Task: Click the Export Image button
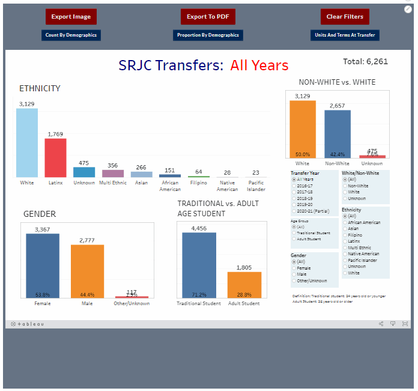(71, 17)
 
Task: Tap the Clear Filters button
(345, 17)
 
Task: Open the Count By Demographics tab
(71, 35)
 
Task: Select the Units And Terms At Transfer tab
(345, 35)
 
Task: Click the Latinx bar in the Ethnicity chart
(55, 157)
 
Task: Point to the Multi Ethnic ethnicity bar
(113, 173)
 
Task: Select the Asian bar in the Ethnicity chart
(142, 174)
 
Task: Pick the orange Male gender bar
(87, 271)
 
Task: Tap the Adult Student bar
(244, 285)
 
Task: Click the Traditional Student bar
(199, 265)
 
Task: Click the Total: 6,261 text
(365, 61)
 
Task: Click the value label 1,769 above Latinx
(55, 134)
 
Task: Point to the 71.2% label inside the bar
(199, 294)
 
